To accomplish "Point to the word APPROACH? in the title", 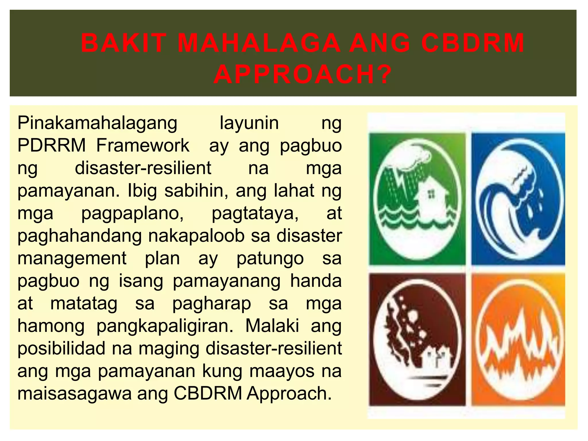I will click(x=303, y=74).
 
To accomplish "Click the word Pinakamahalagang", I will click(x=97, y=123).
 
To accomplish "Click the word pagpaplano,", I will click(x=133, y=214).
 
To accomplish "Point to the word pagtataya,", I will click(x=255, y=214).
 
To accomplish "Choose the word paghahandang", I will click(x=80, y=236).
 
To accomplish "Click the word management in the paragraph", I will click(x=72, y=259).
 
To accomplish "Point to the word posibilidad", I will click(x=61, y=348).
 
